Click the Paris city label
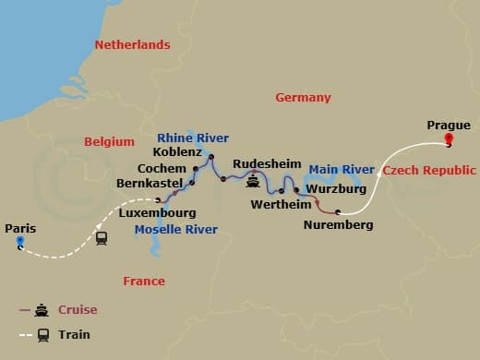pyautogui.click(x=20, y=228)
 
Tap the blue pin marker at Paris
pyautogui.click(x=19, y=244)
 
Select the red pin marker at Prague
pyautogui.click(x=449, y=141)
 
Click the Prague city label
pyautogui.click(x=448, y=125)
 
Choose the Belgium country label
pyautogui.click(x=110, y=141)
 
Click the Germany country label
pyautogui.click(x=303, y=97)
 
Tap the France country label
pyautogui.click(x=144, y=281)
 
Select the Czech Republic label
pyautogui.click(x=429, y=171)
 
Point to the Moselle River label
pyautogui.click(x=176, y=229)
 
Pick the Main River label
pyautogui.click(x=342, y=170)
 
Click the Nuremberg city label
pyautogui.click(x=339, y=224)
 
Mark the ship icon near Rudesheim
pyautogui.click(x=253, y=181)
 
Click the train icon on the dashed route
pyautogui.click(x=102, y=238)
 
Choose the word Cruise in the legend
pyautogui.click(x=78, y=310)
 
